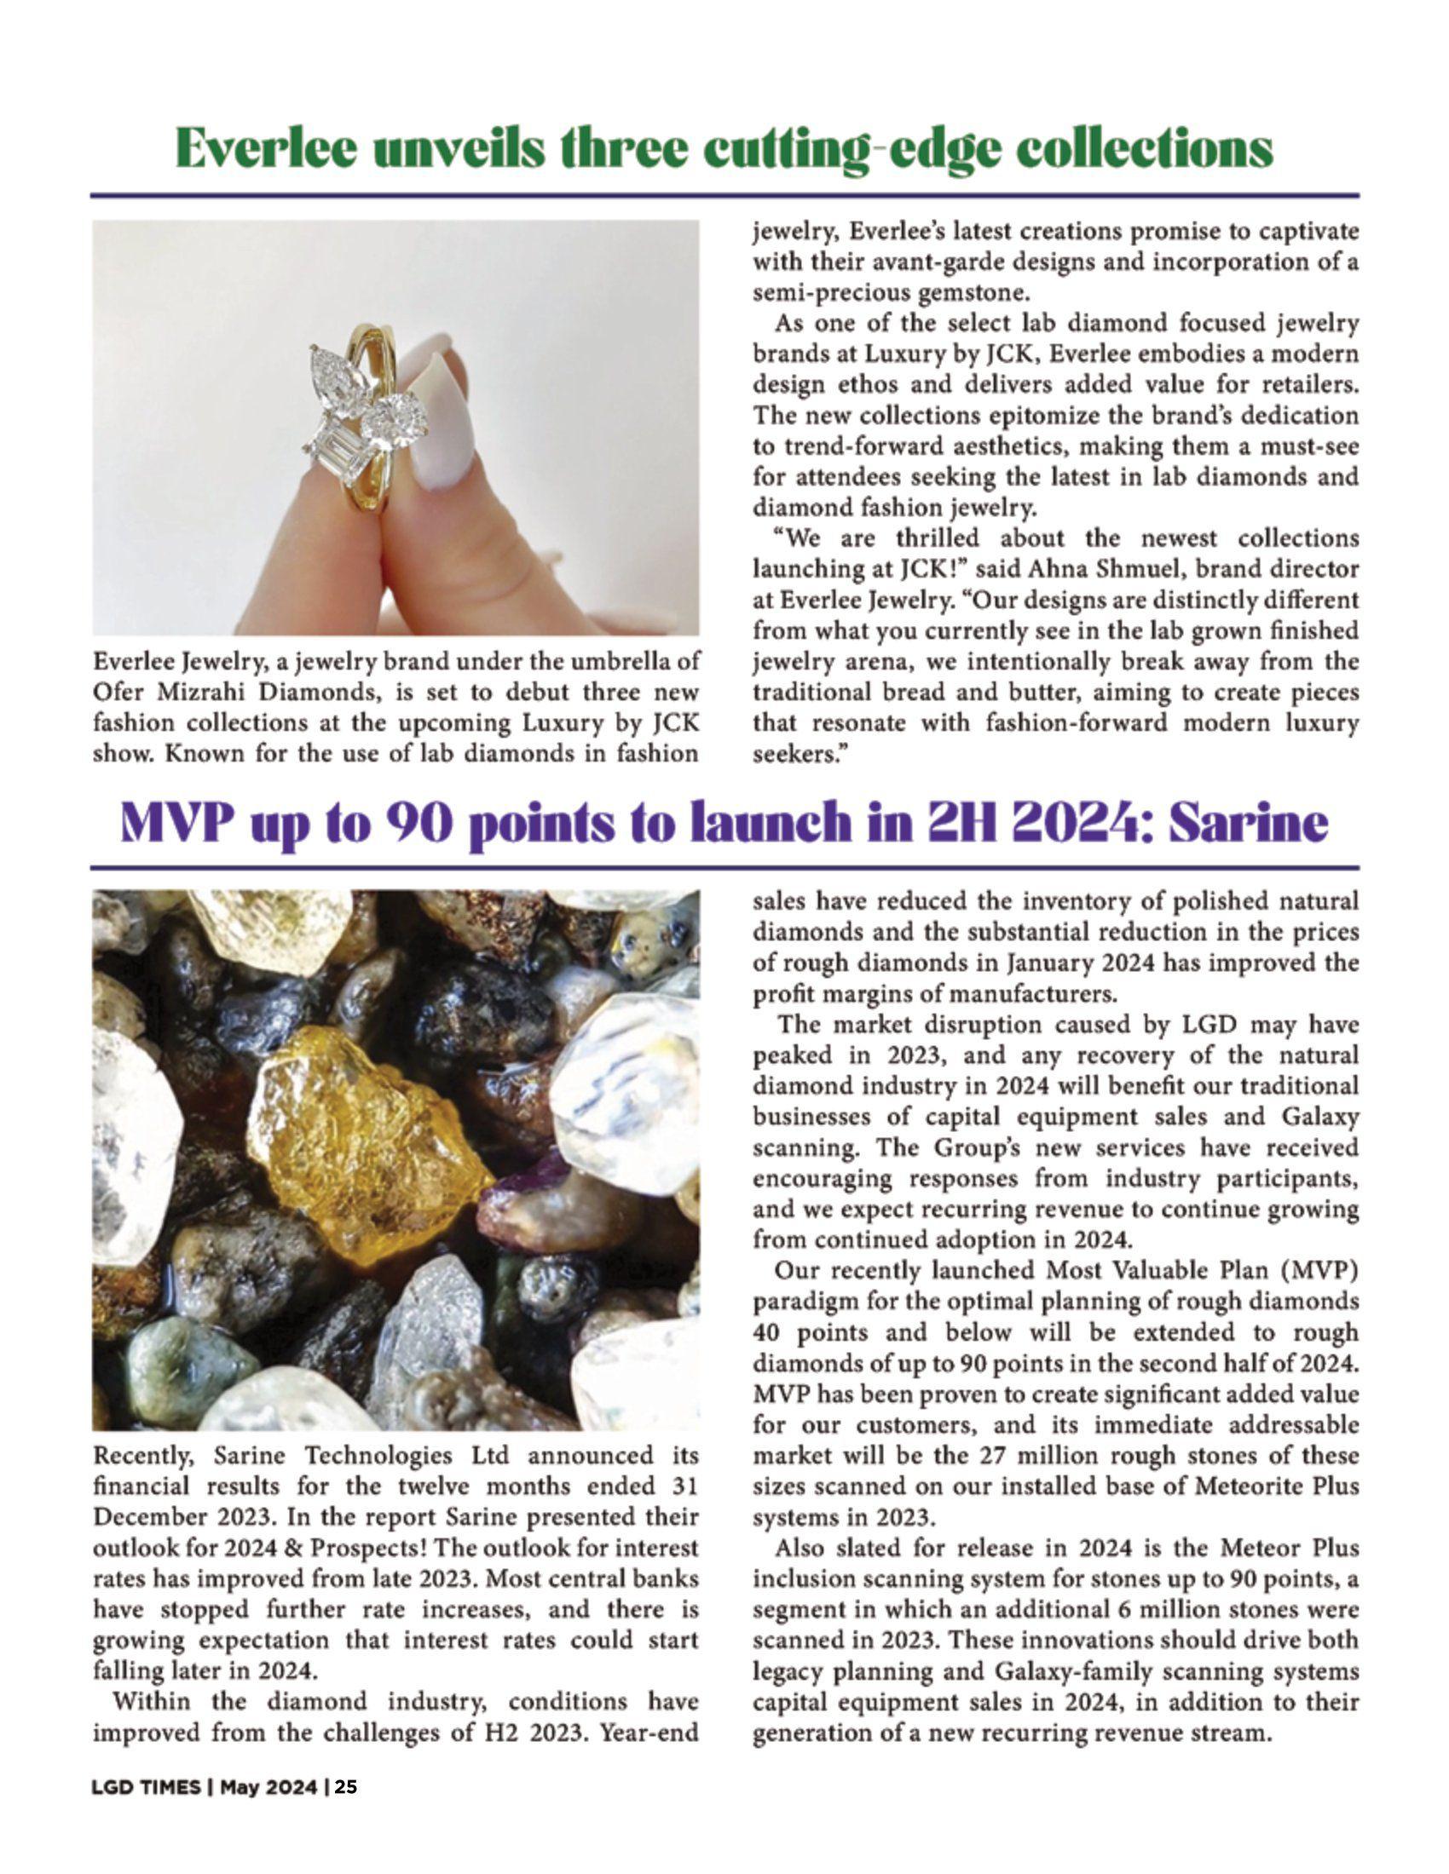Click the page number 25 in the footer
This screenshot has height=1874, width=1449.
pos(346,1787)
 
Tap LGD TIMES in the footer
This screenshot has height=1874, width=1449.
pos(145,1787)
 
